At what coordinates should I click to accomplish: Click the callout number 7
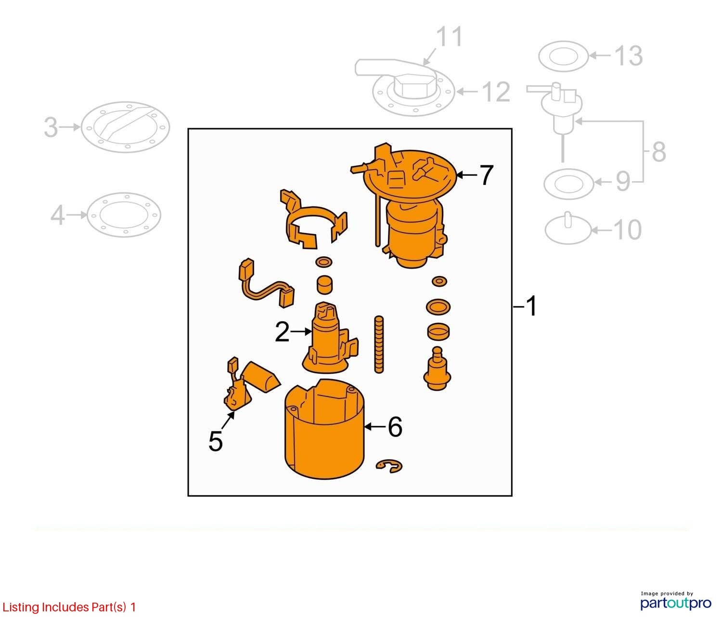tap(486, 175)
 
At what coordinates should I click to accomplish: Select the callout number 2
tap(282, 331)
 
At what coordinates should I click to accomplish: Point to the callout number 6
tap(395, 426)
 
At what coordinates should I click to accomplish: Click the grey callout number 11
tap(450, 36)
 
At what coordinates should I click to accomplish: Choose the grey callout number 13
tap(629, 55)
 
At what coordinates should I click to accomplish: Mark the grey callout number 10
tap(627, 230)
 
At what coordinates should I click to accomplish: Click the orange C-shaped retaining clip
tap(389, 466)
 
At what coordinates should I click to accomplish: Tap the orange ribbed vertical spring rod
tap(379, 344)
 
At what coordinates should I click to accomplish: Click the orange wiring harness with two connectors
tap(266, 284)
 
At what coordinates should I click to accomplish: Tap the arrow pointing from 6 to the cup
tap(375, 426)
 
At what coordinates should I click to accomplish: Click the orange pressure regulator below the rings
tap(437, 369)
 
